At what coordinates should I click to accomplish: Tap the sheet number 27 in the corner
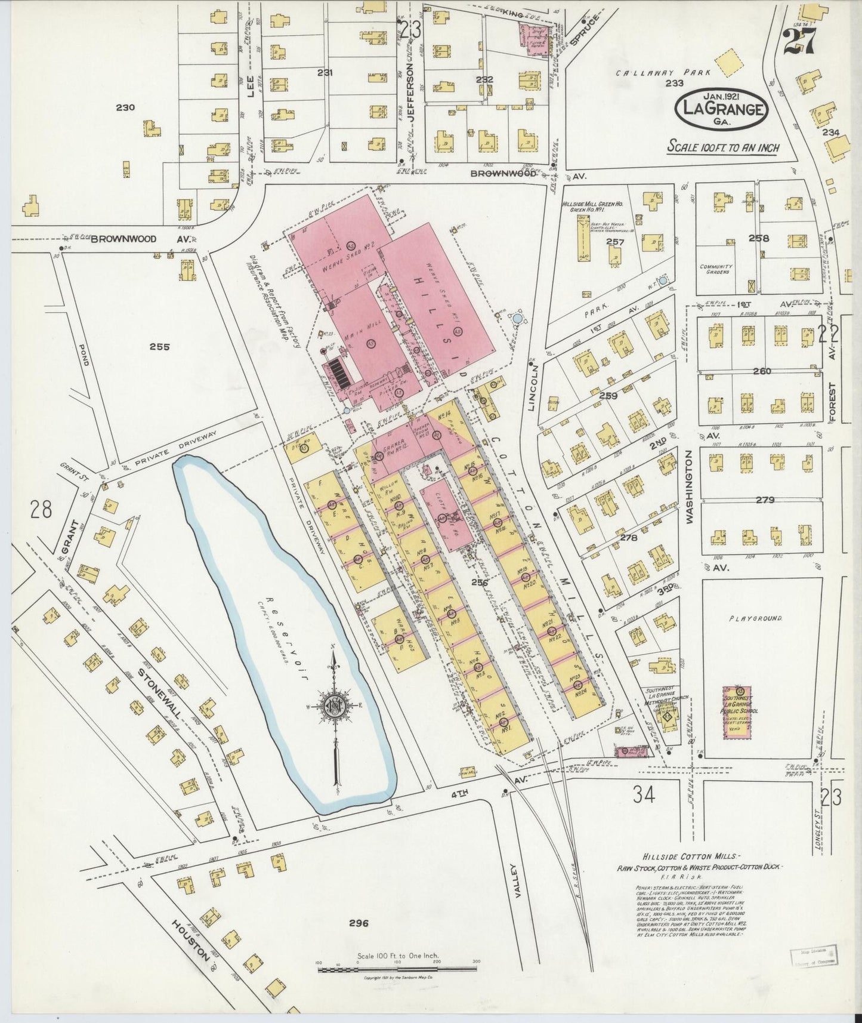pyautogui.click(x=799, y=42)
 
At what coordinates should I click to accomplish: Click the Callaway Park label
pyautogui.click(x=664, y=73)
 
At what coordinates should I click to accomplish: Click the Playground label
pyautogui.click(x=755, y=618)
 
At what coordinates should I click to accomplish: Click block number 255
pyautogui.click(x=160, y=346)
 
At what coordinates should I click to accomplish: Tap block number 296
pyautogui.click(x=359, y=923)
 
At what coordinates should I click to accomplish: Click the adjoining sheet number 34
pyautogui.click(x=644, y=794)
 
